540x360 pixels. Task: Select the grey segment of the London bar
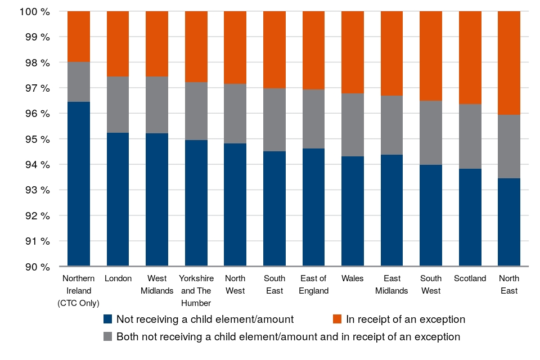coord(118,105)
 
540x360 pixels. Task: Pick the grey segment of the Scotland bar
coord(470,137)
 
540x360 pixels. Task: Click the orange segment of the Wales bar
coord(353,52)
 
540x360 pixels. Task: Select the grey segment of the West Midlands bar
coord(157,105)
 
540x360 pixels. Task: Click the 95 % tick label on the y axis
coord(36,139)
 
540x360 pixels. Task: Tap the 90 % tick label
coord(36,267)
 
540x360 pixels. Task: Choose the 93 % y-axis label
coord(36,190)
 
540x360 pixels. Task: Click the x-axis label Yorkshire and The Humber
coord(196,291)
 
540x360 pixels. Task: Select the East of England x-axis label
coord(313,285)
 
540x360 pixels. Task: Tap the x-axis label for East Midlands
coord(392,285)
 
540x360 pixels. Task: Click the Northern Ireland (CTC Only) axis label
coord(79,291)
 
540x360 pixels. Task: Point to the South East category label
coord(274,285)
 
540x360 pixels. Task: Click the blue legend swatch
coord(109,319)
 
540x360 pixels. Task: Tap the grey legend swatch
coord(109,337)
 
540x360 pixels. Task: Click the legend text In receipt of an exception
coord(406,319)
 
